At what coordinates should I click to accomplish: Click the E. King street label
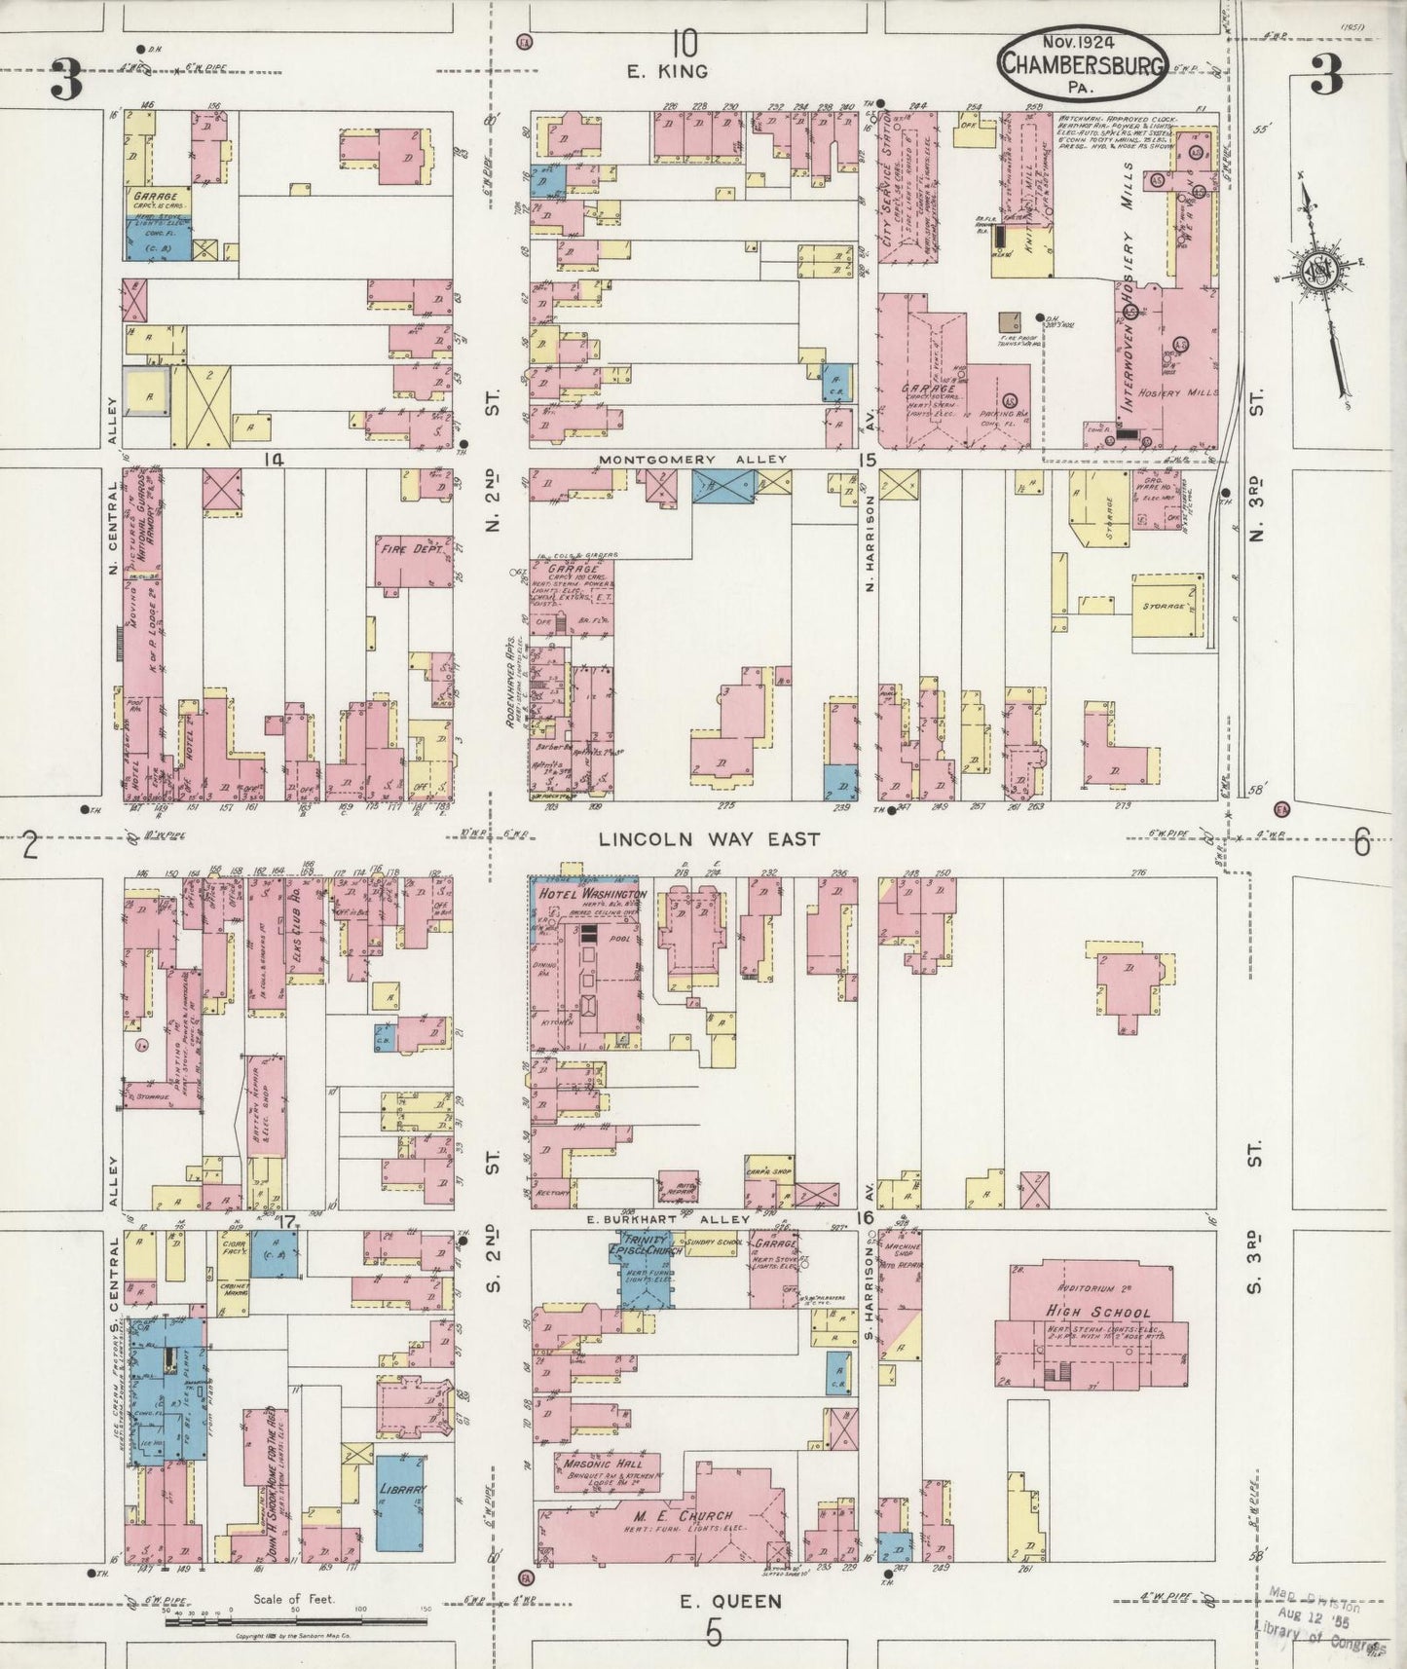[669, 72]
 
